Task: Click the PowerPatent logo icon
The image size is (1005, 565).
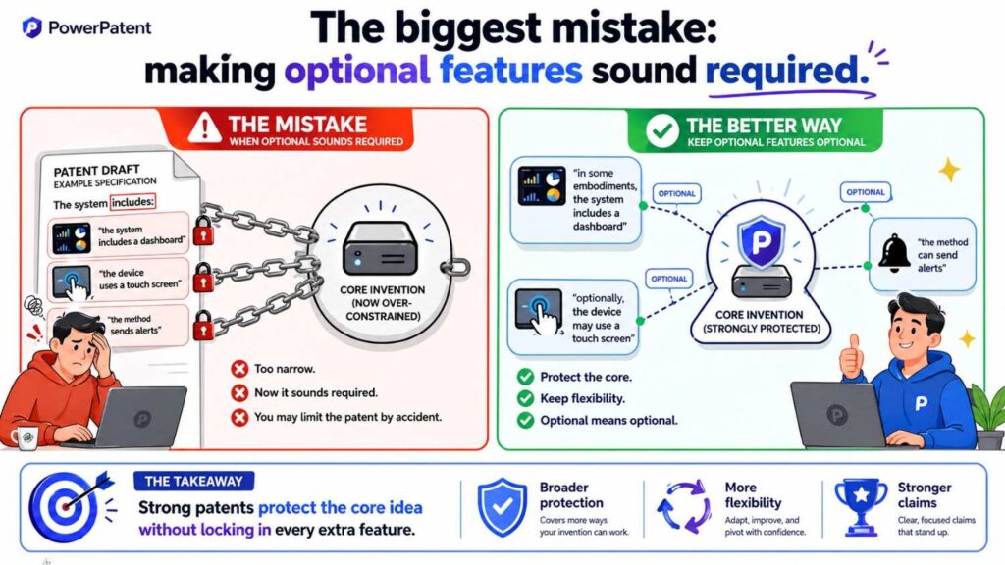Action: point(31,27)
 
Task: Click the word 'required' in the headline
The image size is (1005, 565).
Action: point(786,71)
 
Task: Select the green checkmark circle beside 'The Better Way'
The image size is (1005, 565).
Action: point(662,130)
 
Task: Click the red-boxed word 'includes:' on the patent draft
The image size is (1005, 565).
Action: point(132,202)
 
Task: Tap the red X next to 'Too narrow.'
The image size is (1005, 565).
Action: point(239,369)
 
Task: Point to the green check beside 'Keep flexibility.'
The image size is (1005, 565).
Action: point(526,398)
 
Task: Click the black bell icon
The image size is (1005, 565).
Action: point(894,253)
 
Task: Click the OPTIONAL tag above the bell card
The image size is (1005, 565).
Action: point(866,192)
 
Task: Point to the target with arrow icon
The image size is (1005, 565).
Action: point(71,506)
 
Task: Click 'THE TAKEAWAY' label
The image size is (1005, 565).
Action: point(193,481)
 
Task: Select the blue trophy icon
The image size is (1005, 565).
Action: point(860,506)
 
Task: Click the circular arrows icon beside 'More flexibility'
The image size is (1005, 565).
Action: point(683,507)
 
